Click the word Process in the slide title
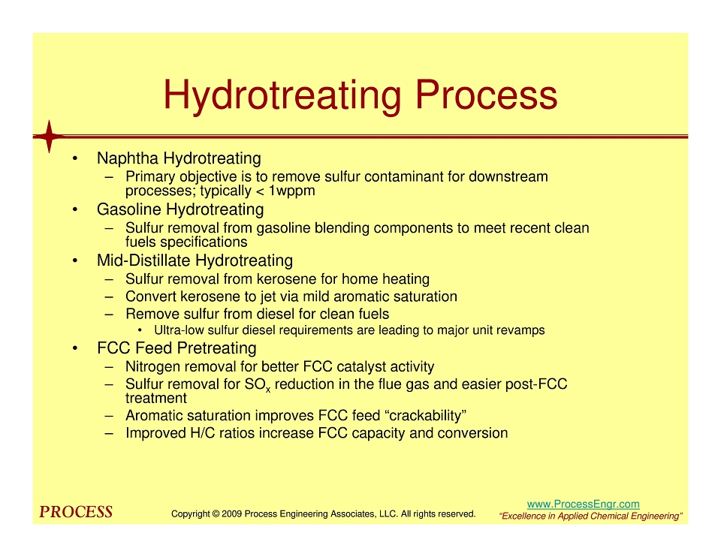(486, 95)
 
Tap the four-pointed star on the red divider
(50, 137)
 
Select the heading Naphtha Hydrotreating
(179, 158)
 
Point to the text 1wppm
(291, 191)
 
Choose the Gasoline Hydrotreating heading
(180, 209)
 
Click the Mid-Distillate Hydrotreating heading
(195, 260)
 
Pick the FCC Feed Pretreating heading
(176, 348)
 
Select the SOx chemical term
(258, 385)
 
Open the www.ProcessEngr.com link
(583, 504)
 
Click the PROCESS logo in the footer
(76, 512)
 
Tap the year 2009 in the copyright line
(232, 513)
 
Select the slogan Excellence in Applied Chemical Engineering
(591, 516)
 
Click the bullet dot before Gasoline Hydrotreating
(74, 210)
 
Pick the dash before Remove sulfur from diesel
(109, 315)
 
